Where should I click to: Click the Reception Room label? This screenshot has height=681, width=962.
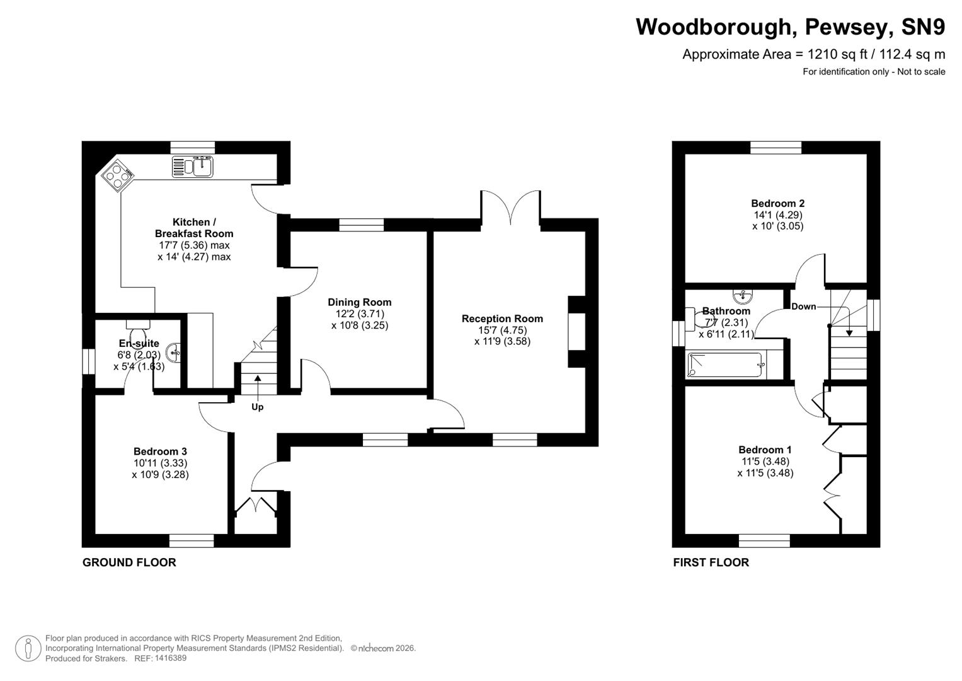click(x=502, y=319)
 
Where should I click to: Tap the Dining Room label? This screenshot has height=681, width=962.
click(x=359, y=303)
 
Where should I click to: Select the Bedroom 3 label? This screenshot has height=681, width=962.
click(x=160, y=451)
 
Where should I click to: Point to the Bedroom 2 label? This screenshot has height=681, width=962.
click(x=777, y=204)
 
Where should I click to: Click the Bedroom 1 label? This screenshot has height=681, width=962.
click(x=765, y=450)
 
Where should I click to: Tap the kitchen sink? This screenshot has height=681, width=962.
click(x=193, y=167)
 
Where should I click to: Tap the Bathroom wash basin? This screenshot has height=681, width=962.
click(x=744, y=295)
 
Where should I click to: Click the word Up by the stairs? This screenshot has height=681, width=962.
click(x=257, y=407)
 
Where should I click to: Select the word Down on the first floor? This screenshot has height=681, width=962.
click(x=803, y=306)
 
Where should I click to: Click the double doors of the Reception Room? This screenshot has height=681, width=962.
click(x=510, y=206)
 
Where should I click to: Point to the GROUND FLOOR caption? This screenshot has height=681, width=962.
click(x=129, y=562)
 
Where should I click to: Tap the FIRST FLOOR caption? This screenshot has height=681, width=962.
click(x=711, y=562)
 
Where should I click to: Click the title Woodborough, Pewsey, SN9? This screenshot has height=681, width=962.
click(x=790, y=27)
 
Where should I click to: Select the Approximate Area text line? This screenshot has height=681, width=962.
click(x=813, y=54)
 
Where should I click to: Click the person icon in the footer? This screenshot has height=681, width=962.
click(x=28, y=648)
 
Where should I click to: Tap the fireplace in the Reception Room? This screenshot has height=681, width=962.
click(x=577, y=331)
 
